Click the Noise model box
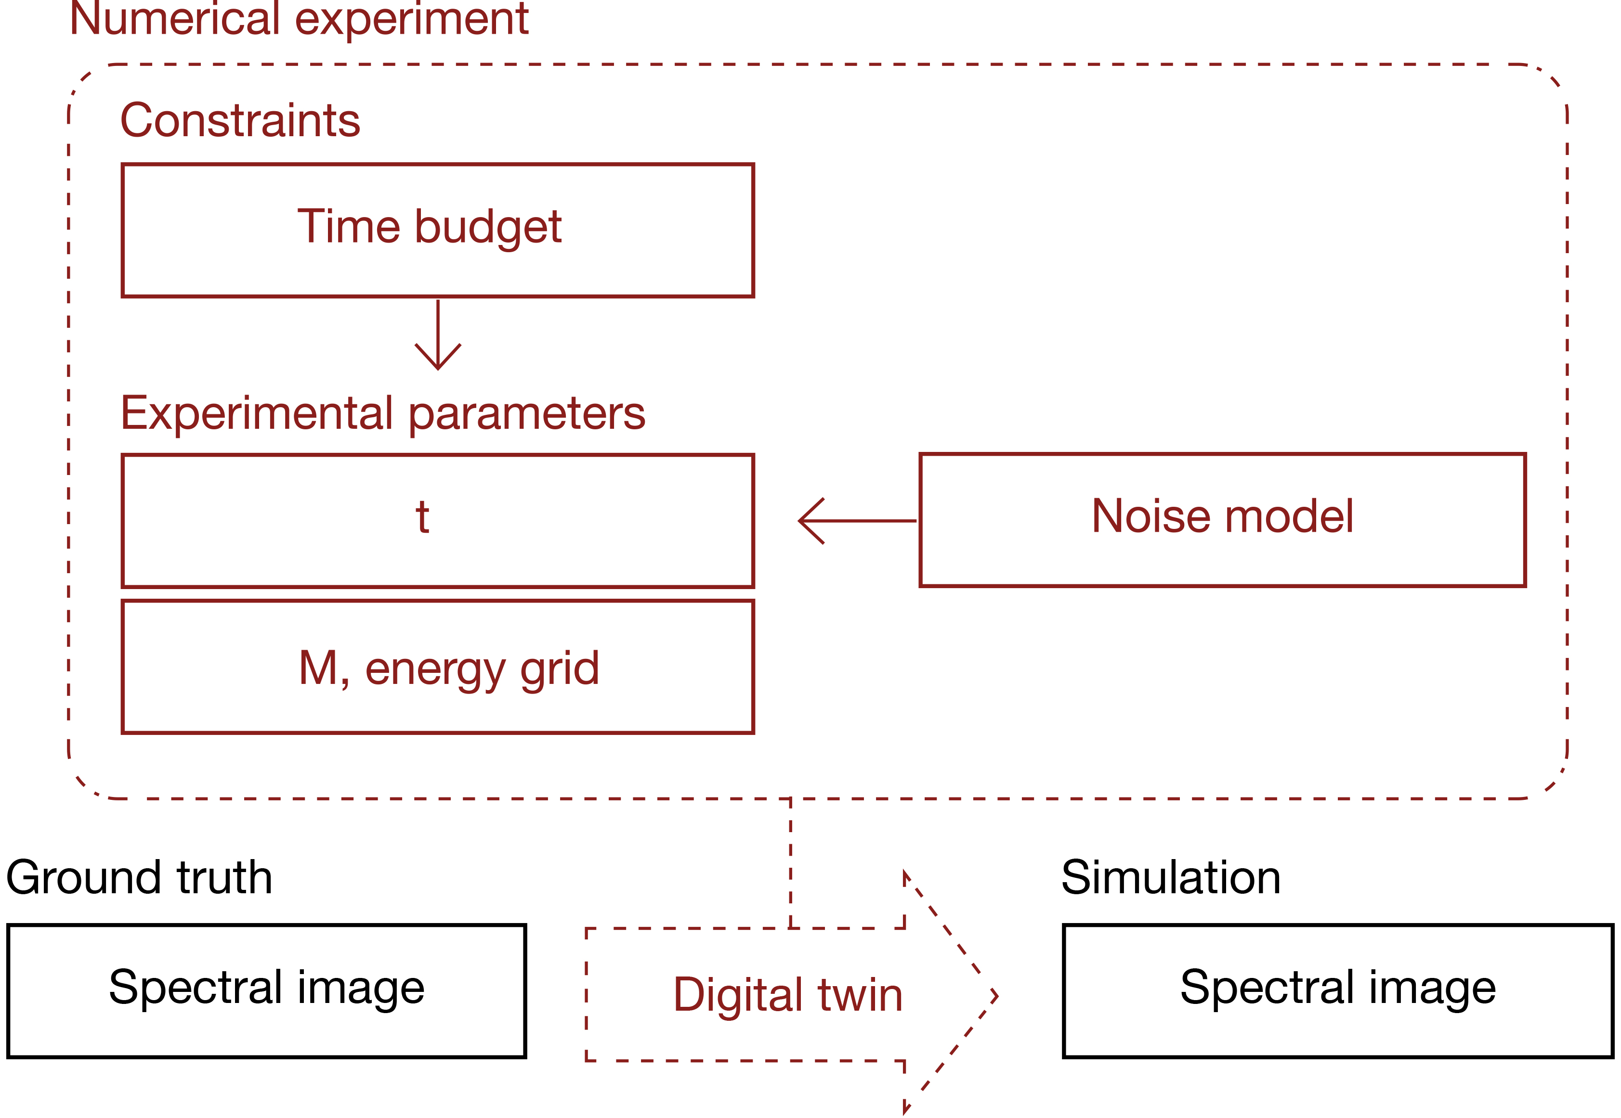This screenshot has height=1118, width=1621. coord(1222,520)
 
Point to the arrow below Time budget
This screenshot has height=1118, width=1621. coord(438,336)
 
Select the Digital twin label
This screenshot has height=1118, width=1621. coord(788,995)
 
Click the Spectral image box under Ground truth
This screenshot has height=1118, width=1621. coord(266,990)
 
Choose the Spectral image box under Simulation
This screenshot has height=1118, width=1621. coord(1337,990)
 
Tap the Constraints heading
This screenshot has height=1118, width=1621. coord(240,120)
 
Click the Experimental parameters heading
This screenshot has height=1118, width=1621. coord(383,413)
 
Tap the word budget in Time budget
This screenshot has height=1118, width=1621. coord(488,227)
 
